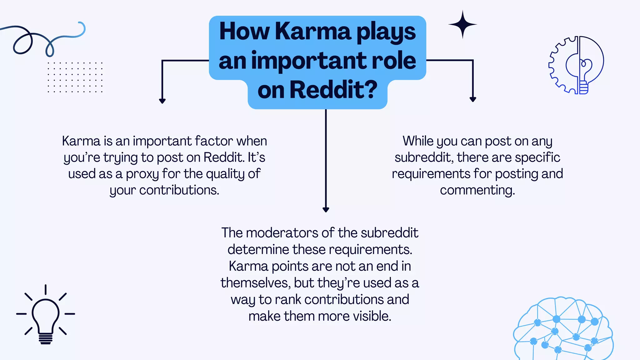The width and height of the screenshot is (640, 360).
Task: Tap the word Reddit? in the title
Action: (334, 90)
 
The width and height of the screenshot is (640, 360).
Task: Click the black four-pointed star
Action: (462, 24)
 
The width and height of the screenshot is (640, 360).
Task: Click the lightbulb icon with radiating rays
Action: (46, 316)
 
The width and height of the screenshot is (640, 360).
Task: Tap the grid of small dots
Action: (75, 77)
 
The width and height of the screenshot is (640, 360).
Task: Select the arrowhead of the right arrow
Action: (473, 99)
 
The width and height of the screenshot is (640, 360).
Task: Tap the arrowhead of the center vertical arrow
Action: (326, 210)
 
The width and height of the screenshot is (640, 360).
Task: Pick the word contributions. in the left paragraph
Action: (179, 190)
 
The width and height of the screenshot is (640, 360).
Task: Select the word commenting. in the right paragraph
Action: (477, 190)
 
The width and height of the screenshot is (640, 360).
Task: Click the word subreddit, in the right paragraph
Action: (423, 157)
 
